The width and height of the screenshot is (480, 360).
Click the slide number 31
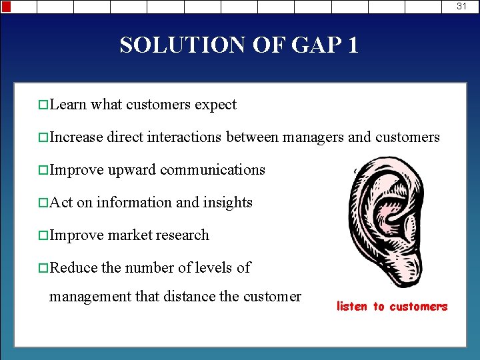click(462, 6)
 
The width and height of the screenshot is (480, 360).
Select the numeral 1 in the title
click(352, 45)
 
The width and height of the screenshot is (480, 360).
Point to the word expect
click(215, 105)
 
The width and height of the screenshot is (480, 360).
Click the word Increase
click(76, 137)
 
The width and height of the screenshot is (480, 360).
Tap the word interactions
click(184, 137)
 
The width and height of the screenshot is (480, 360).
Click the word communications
click(213, 170)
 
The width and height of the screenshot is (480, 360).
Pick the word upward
click(132, 171)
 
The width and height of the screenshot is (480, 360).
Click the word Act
click(61, 202)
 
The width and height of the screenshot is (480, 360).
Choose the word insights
click(227, 203)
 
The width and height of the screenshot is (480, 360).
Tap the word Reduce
click(73, 267)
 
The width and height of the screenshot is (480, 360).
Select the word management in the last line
click(90, 297)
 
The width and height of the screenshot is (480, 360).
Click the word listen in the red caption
click(352, 307)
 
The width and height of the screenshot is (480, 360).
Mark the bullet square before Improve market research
click(43, 236)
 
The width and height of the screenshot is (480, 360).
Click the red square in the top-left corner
click(5, 6)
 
